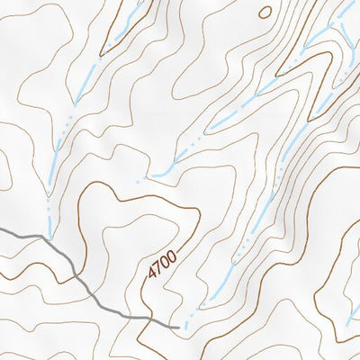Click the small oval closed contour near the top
[265, 12]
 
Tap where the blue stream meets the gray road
[50, 238]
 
